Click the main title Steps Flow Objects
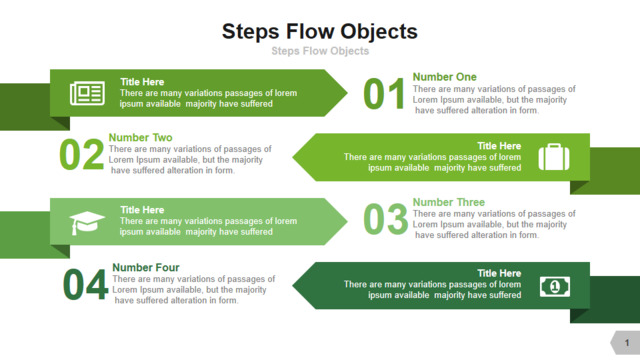click(320, 32)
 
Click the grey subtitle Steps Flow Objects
click(320, 51)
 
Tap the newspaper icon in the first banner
click(87, 93)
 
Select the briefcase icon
click(554, 157)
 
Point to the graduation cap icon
click(87, 223)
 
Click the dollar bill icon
click(555, 287)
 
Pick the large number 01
click(384, 94)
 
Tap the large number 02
click(81, 155)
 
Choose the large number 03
click(385, 219)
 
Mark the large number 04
click(85, 284)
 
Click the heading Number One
click(444, 77)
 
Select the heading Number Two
click(140, 137)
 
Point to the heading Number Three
click(449, 202)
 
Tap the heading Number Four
click(146, 267)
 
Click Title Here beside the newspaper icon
click(142, 82)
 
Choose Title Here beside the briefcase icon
click(499, 146)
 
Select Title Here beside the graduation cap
click(142, 210)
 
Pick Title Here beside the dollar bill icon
click(499, 273)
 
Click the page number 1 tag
click(625, 343)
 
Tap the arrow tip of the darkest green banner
click(293, 286)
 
